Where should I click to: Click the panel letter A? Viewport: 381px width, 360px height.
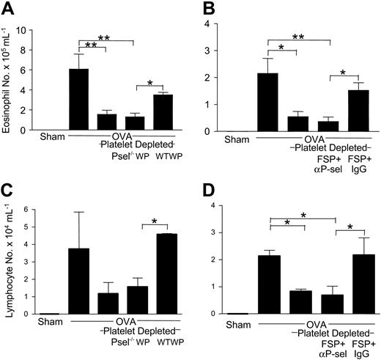point(10,10)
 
